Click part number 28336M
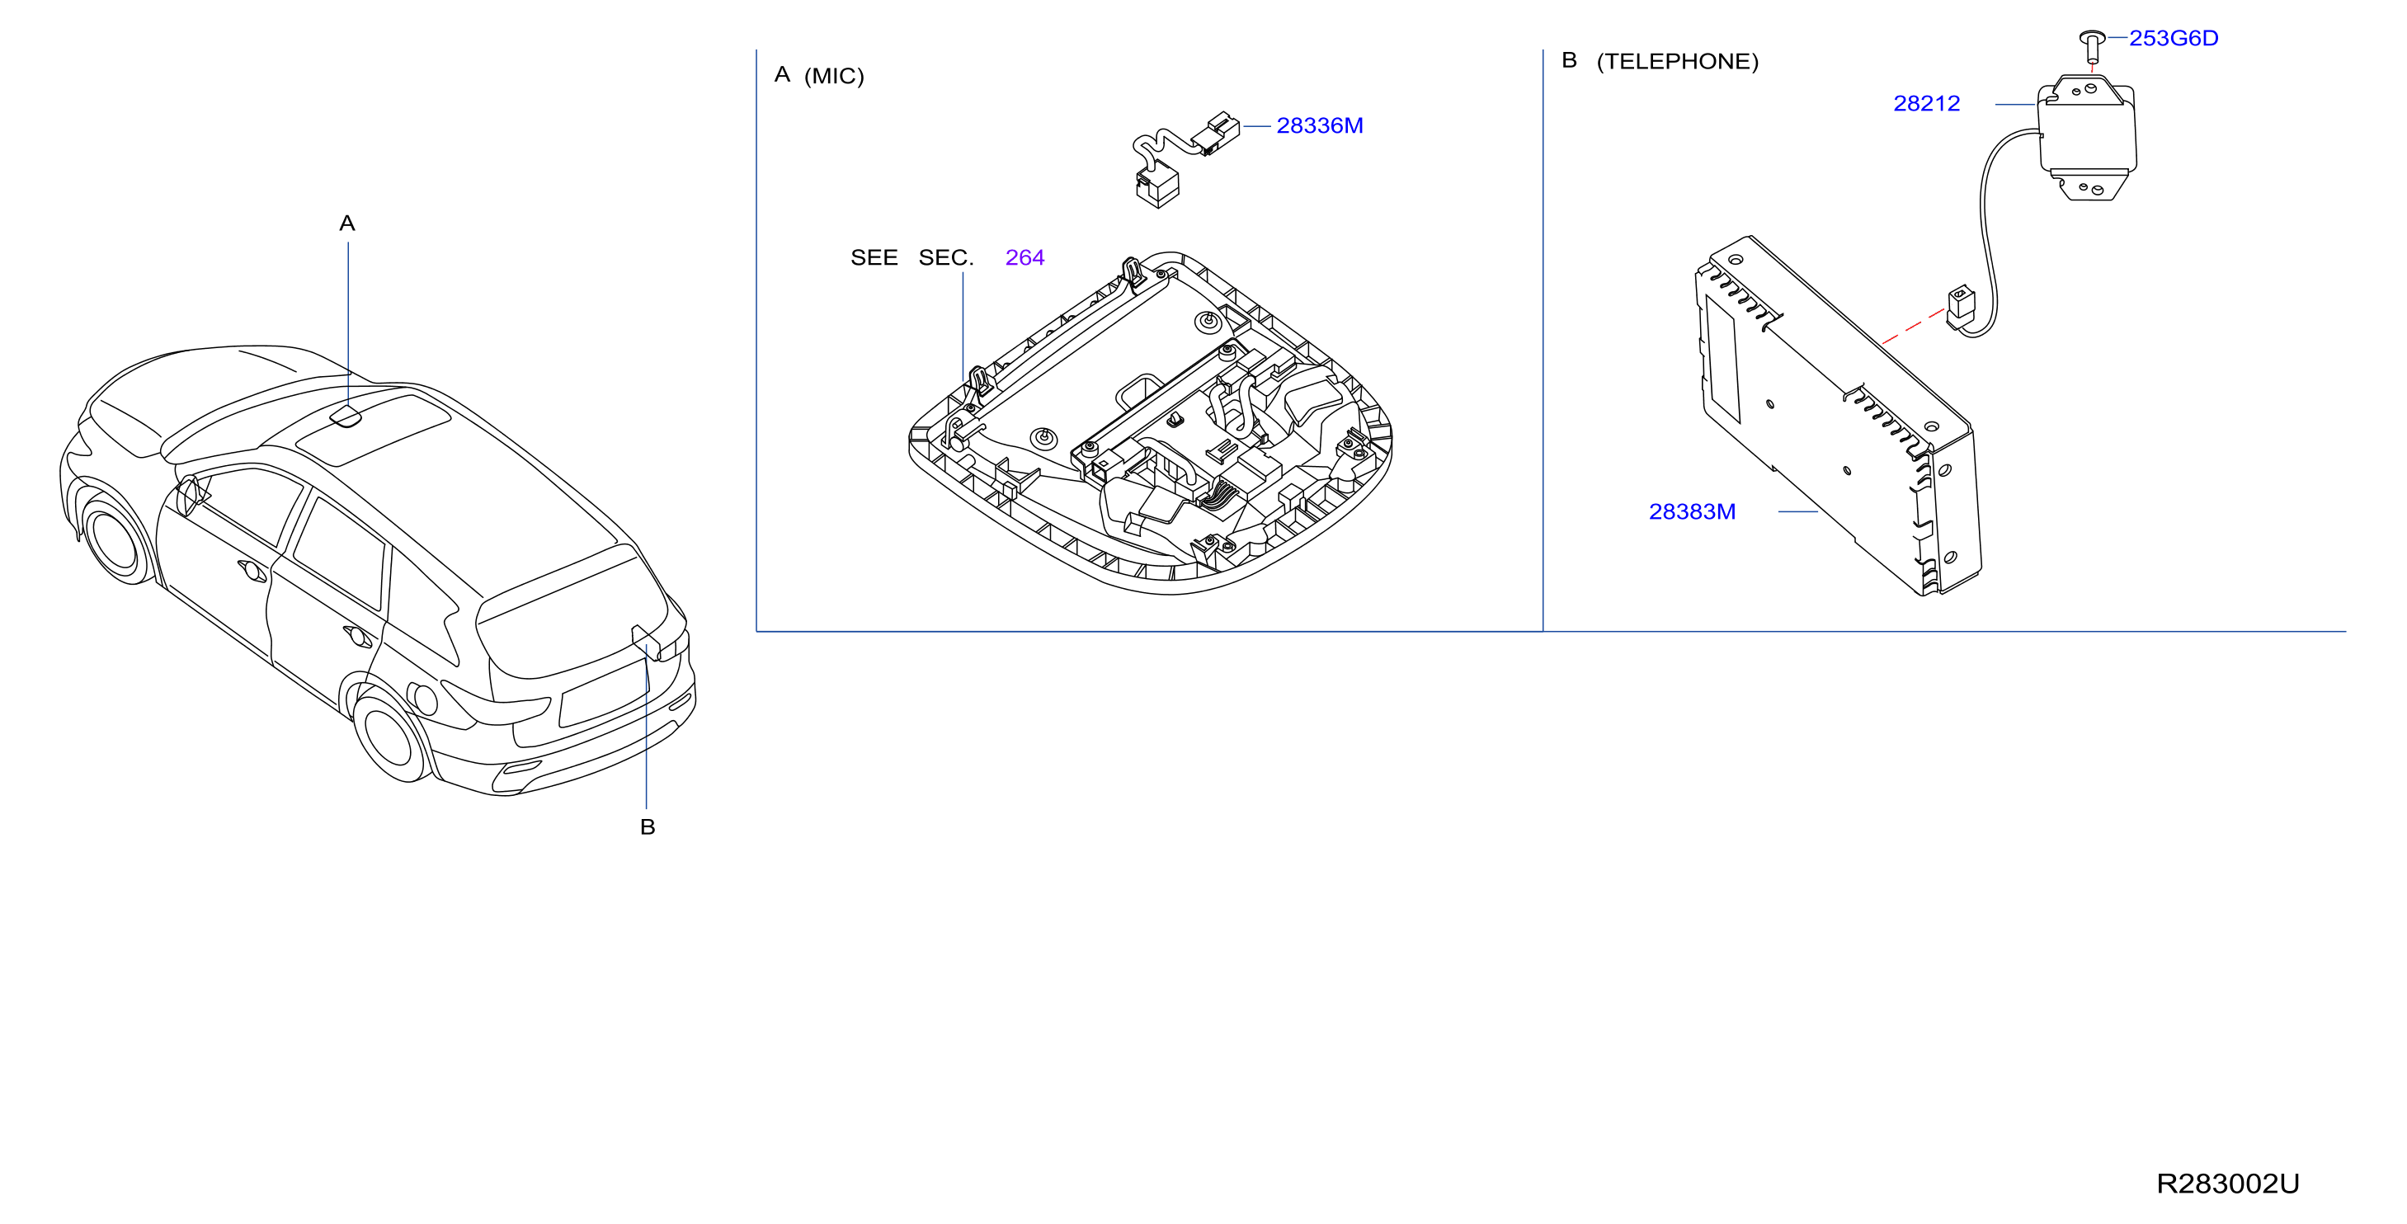coord(1319,125)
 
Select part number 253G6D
coord(2174,38)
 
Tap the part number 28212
coord(1927,104)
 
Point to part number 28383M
coord(1692,512)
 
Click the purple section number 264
coord(1025,258)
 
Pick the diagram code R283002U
coord(2228,1184)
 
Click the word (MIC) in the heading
coord(835,77)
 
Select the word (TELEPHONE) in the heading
coord(1677,63)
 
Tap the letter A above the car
coord(347,224)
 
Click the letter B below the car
coord(648,827)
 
